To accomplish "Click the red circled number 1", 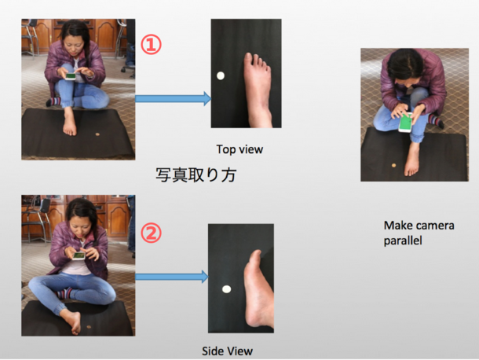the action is pyautogui.click(x=151, y=45).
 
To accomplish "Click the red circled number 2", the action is pyautogui.click(x=151, y=233).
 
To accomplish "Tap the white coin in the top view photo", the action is pyautogui.click(x=221, y=75).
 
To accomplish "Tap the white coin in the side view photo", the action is pyautogui.click(x=226, y=288).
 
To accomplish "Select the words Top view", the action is pyautogui.click(x=239, y=149).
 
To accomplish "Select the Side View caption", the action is pyautogui.click(x=227, y=351).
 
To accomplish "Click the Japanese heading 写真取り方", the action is pyautogui.click(x=196, y=175).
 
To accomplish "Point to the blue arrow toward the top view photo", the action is pyautogui.click(x=174, y=98).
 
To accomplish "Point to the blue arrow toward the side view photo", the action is pyautogui.click(x=172, y=277).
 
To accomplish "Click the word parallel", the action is pyautogui.click(x=403, y=241).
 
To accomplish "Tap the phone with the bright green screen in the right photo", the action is pyautogui.click(x=405, y=123).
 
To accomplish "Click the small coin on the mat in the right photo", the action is pyautogui.click(x=393, y=166).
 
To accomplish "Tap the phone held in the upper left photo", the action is pyautogui.click(x=71, y=75).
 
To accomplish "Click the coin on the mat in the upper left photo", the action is pyautogui.click(x=97, y=134).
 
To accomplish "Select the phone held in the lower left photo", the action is pyautogui.click(x=79, y=255).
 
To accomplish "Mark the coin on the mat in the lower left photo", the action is pyautogui.click(x=89, y=327).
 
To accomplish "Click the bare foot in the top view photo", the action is pyautogui.click(x=258, y=89).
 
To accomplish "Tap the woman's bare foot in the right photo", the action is pyautogui.click(x=411, y=159).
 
